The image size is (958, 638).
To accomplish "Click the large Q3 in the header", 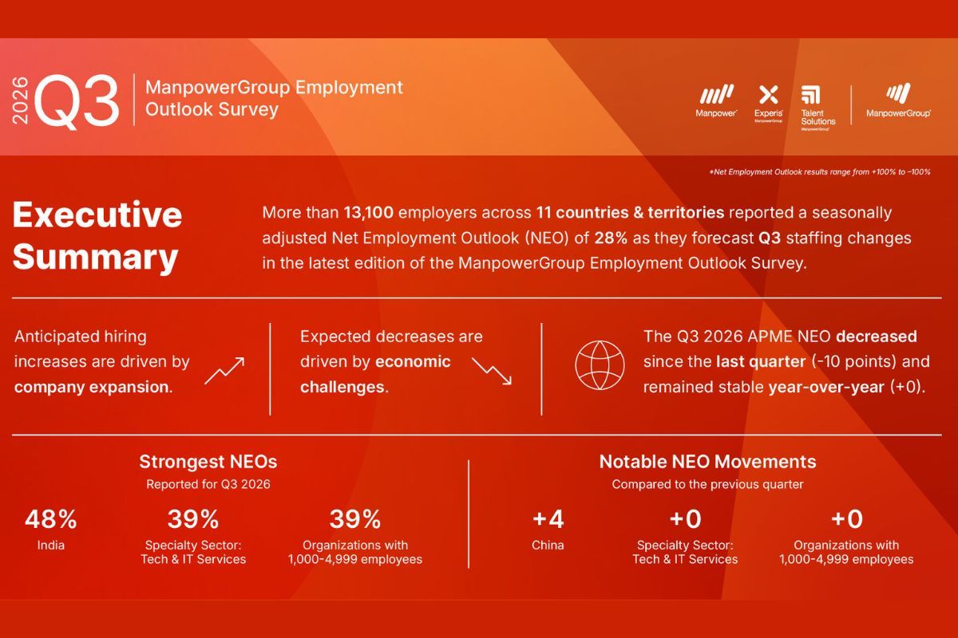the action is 76,100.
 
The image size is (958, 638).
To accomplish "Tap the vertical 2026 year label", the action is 20,100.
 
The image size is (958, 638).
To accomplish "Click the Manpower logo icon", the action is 716,94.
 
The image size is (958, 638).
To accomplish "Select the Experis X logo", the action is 768,94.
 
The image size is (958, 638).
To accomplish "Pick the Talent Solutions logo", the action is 810,95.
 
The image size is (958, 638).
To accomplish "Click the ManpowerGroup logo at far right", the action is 898,93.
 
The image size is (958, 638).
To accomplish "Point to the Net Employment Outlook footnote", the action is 820,171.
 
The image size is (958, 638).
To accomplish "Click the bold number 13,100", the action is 368,212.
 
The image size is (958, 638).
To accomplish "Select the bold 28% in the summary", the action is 611,238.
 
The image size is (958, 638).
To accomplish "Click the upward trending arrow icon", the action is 224,371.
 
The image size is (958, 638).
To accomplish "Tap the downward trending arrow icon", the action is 492,371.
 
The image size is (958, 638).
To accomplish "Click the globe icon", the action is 600,365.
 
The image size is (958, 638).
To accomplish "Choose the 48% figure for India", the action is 51,519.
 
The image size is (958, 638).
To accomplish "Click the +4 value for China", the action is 548,519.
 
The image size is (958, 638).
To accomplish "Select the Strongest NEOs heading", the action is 208,462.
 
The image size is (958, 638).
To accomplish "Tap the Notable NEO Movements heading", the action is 708,462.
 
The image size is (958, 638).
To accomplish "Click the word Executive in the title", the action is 97,215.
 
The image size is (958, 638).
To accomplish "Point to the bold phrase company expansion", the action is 93,387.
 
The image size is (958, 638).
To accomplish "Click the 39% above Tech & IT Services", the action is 193,519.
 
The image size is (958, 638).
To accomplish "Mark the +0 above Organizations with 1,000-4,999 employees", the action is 846,519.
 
